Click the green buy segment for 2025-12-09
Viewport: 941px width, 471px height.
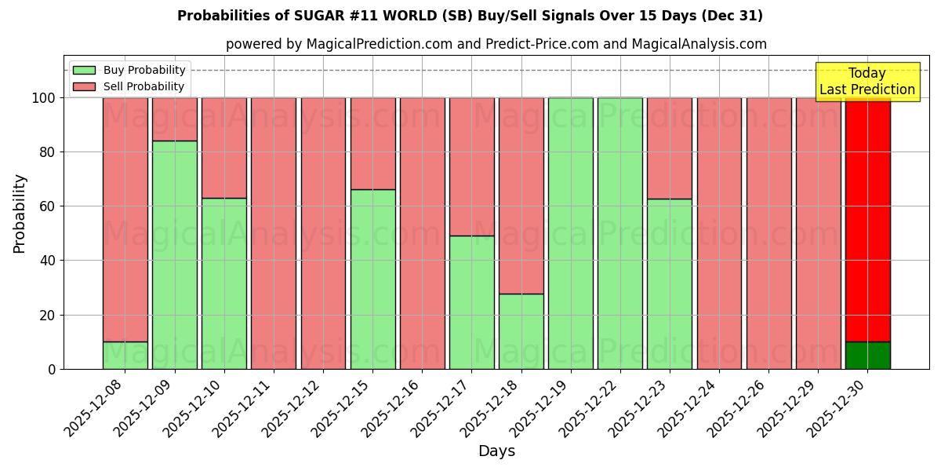[174, 254]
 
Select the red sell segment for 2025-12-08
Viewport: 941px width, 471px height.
[125, 219]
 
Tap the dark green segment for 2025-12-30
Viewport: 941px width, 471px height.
[867, 355]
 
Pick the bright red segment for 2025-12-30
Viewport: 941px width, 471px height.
[867, 219]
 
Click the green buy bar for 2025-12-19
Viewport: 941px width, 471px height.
[570, 233]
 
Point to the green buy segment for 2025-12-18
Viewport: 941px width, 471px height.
[521, 330]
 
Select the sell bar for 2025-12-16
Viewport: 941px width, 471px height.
[422, 233]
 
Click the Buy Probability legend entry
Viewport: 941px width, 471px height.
[129, 70]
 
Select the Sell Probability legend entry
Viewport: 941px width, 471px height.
[129, 86]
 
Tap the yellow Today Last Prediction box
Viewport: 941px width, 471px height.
[867, 82]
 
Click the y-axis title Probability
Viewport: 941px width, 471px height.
[20, 213]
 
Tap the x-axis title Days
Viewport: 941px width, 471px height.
[496, 451]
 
